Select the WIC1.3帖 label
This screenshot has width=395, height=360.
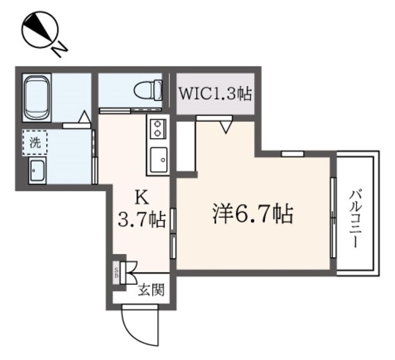215,94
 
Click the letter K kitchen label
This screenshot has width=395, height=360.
141,198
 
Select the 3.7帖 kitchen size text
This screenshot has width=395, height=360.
142,219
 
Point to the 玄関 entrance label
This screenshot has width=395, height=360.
151,289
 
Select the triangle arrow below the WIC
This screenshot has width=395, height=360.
226,127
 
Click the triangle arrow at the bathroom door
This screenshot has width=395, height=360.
85,115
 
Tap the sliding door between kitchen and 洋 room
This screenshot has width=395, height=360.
174,231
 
